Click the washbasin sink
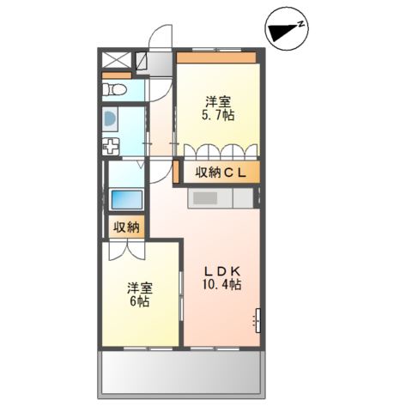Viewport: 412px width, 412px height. [x=111, y=119]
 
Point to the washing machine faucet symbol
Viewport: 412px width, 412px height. [x=111, y=146]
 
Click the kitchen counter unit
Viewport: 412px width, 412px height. [x=221, y=197]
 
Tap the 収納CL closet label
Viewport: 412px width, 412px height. [x=221, y=173]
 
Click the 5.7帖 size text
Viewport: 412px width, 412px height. [x=219, y=114]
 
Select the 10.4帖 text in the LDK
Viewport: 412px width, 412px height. [x=221, y=284]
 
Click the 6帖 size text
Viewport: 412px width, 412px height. [x=140, y=302]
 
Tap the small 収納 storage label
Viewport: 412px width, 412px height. [x=126, y=227]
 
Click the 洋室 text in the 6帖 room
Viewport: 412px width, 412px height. [x=139, y=288]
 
